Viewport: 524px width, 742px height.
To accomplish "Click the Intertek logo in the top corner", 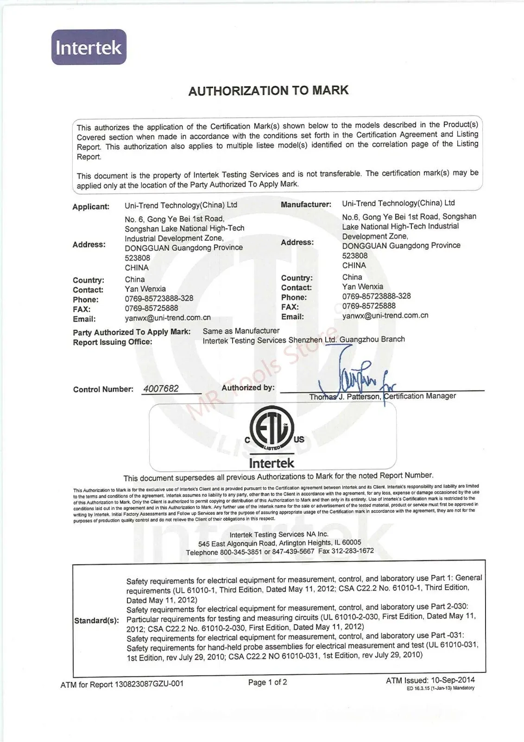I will pos(88,47).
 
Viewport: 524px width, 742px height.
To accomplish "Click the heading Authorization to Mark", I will pos(268,90).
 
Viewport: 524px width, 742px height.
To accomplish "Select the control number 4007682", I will pos(161,389).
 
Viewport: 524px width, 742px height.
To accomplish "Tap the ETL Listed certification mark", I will pos(272,427).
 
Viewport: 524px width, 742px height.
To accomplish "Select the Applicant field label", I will pos(91,206).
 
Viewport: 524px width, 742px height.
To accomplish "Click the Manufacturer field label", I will pos(306,204).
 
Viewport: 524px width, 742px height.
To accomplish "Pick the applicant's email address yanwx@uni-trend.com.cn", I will pos(168,318).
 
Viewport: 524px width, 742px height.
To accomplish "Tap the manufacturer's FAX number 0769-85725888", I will pos(369,306).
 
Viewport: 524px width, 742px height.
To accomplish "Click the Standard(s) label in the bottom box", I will pos(96,620).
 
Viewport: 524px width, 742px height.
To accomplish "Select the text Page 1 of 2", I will pos(267,682).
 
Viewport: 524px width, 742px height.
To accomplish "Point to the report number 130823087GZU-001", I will pos(149,684).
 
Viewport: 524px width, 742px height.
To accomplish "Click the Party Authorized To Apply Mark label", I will pos(132,332).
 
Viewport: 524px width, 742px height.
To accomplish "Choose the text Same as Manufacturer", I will pos(241,331).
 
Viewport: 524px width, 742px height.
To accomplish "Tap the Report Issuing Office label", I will pos(113,342).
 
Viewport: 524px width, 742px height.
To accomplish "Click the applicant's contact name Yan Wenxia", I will pos(145,289).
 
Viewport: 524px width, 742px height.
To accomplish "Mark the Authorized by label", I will pos(248,388).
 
